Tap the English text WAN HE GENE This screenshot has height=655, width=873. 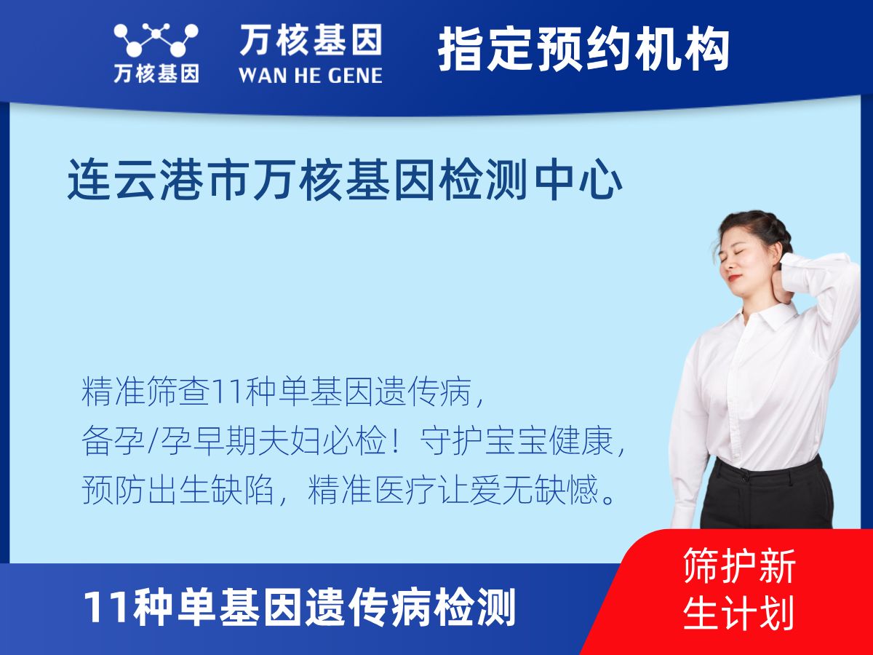[x=311, y=75]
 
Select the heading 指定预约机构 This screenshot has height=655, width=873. [x=583, y=50]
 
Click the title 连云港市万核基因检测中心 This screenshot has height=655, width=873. [x=345, y=182]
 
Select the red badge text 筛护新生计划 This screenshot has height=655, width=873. [x=738, y=589]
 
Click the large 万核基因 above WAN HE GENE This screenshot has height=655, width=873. [x=311, y=39]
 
